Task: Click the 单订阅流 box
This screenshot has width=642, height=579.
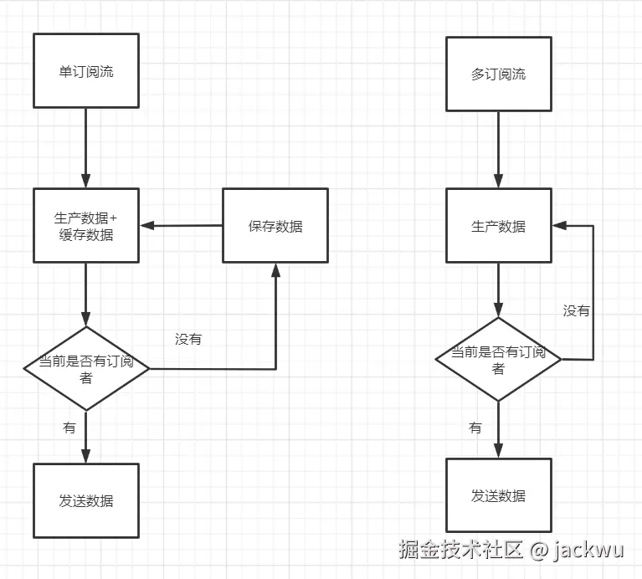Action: coord(85,71)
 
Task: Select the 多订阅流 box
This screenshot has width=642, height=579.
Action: coord(498,74)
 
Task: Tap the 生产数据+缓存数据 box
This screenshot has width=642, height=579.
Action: coord(85,226)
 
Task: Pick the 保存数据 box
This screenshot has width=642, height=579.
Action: coord(275,226)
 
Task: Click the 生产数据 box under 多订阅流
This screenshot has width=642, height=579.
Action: coord(498,226)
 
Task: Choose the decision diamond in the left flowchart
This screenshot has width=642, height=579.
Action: coord(85,368)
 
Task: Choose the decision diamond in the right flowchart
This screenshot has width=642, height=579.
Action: coord(498,359)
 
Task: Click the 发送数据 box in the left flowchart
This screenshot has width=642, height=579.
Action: coord(85,501)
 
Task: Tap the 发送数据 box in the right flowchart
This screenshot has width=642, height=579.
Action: coord(498,495)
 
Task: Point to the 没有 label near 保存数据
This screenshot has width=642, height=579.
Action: coord(188,339)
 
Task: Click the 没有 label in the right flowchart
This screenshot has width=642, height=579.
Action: coord(576,310)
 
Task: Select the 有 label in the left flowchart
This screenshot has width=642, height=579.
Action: coord(69,428)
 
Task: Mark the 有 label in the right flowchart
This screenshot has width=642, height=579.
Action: coord(475,428)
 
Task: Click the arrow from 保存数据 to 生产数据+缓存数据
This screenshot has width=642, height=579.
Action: coord(181,226)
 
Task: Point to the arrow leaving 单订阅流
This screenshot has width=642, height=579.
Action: coord(85,147)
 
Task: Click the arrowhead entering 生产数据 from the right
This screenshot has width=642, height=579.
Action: coord(559,226)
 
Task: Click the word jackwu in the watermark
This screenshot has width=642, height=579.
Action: coord(593,550)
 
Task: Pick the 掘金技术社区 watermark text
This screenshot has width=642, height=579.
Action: coord(460,550)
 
